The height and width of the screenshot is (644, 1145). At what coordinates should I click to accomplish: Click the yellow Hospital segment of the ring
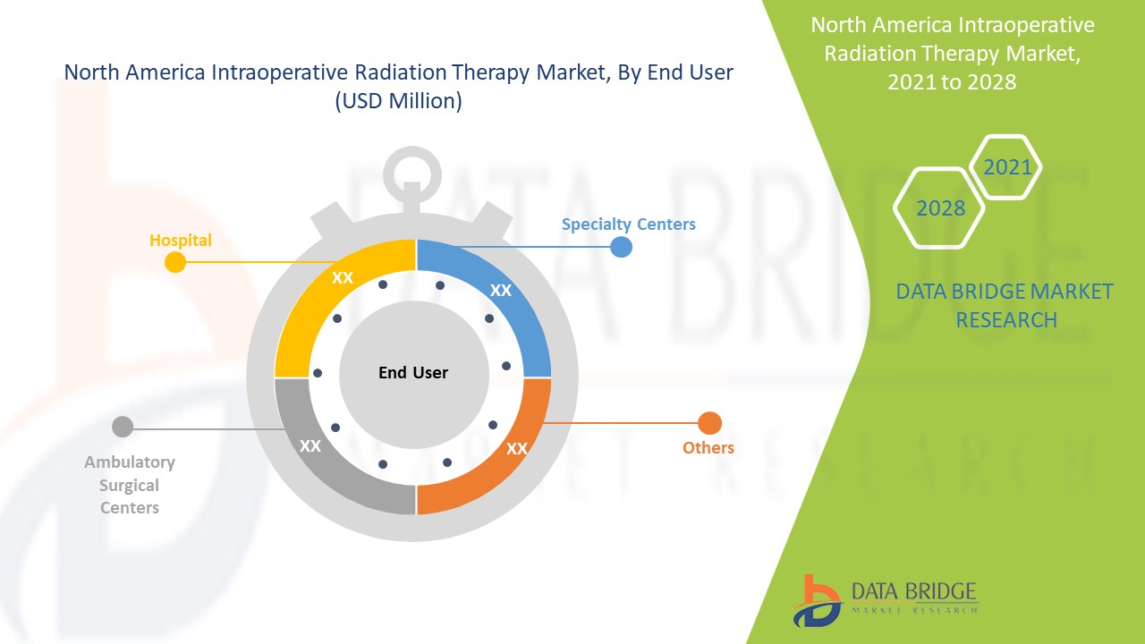coord(309,304)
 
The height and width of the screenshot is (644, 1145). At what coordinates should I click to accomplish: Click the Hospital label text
coord(181,240)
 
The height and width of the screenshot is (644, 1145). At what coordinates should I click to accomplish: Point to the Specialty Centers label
coord(628,224)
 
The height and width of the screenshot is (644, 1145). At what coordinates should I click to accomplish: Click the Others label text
coord(708,447)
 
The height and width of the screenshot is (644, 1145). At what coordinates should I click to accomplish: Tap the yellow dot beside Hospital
coord(175,262)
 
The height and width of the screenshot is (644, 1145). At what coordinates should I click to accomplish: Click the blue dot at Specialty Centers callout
coord(621,247)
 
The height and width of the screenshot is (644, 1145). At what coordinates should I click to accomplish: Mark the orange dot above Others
coord(709,423)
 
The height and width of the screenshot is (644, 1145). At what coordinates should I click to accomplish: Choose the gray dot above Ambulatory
coord(123,428)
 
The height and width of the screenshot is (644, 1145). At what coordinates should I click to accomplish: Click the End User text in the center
coord(413,372)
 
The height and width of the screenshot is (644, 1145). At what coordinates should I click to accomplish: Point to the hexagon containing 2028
coord(939,208)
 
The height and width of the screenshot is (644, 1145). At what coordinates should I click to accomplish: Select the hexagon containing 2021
coord(1006,167)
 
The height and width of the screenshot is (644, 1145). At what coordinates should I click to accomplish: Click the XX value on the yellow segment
coord(343,278)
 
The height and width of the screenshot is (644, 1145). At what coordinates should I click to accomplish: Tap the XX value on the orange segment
coord(516,449)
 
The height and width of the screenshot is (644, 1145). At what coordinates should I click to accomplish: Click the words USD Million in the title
coord(398,101)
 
